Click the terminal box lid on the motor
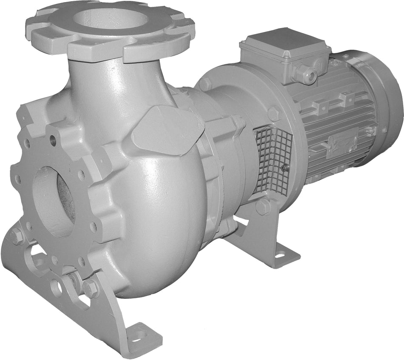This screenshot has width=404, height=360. [x=284, y=43]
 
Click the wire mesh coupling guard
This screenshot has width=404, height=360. [x=273, y=158]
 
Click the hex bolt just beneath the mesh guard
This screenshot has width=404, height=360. [x=263, y=207]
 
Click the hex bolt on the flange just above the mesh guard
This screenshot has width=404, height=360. [x=273, y=114]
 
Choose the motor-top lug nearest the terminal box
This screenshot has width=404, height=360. [x=322, y=104]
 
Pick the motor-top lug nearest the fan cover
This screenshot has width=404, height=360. [x=348, y=99]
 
